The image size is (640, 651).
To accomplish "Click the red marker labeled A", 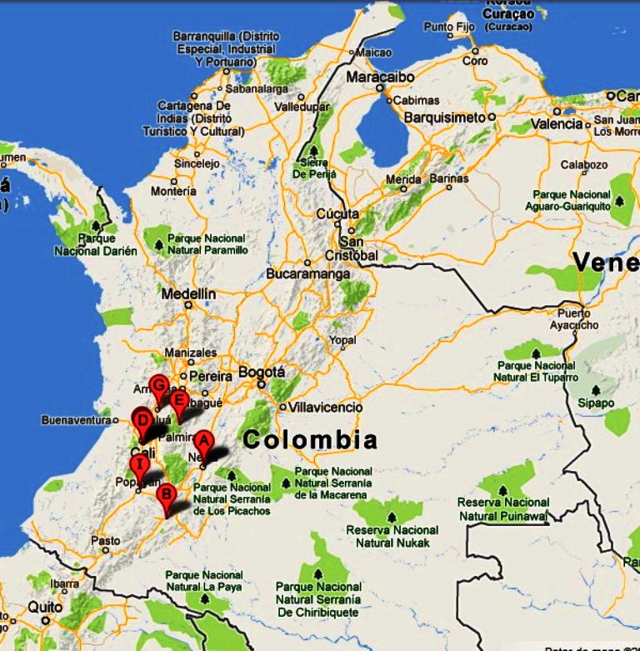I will [x=204, y=443].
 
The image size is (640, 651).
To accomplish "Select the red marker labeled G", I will [x=159, y=386].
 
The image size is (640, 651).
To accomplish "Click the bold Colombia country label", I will [x=310, y=439].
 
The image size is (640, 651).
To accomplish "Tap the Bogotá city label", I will [x=262, y=372].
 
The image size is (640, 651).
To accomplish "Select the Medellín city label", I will [x=187, y=293].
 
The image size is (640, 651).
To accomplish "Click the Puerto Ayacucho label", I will [x=575, y=319].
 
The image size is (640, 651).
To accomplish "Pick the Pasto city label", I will [x=105, y=540].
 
